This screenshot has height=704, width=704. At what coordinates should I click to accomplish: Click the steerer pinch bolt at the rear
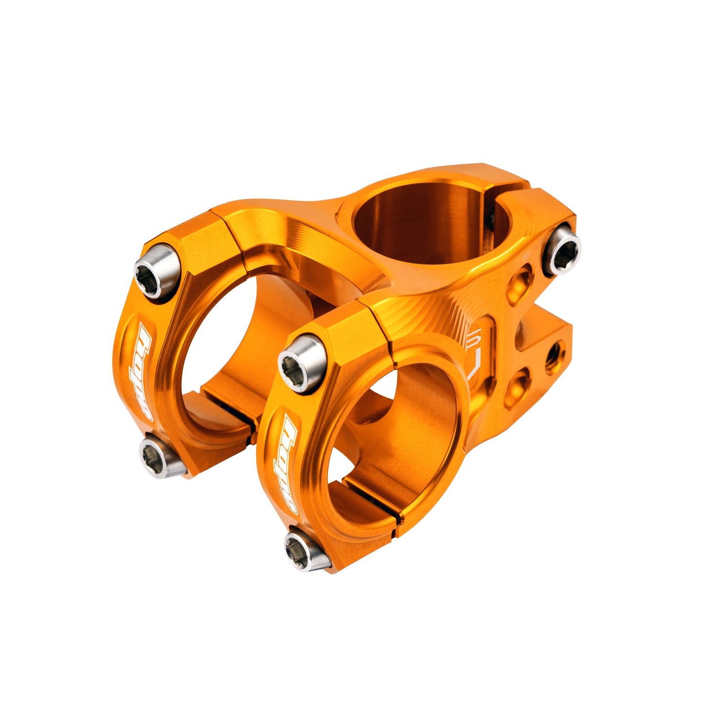coord(562,249)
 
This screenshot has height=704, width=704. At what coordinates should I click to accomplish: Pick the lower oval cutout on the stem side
coord(517,387)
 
